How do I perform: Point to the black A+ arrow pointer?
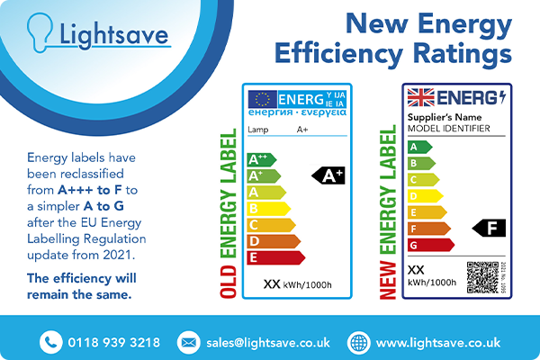coord(328,175)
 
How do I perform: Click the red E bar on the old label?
coord(275,257)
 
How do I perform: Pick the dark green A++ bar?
coord(261,159)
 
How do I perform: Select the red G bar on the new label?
coord(431,244)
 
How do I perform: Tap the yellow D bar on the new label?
coord(425,195)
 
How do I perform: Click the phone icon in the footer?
coord(49,342)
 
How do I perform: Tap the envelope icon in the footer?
coord(188,342)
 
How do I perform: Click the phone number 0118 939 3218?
coord(113,342)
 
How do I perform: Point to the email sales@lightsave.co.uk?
coord(267,342)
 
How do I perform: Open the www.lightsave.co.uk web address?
coord(437,342)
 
